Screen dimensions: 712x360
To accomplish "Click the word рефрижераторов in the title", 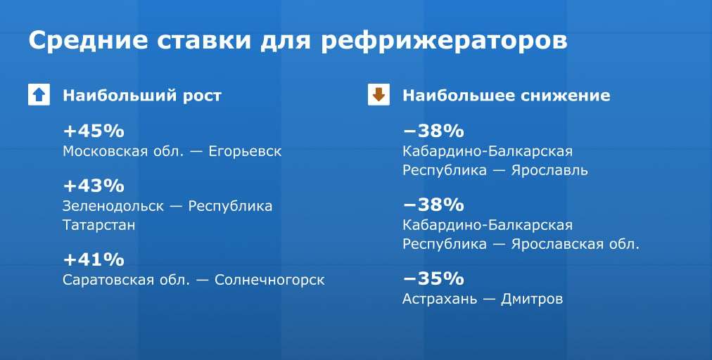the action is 444,41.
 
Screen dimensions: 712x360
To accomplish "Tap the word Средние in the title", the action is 88,40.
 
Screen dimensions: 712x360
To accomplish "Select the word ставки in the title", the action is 204,41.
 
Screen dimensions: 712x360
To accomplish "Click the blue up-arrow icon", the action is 39,95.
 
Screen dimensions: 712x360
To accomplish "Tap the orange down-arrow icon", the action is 379,95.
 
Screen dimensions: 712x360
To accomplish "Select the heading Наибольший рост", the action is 142,96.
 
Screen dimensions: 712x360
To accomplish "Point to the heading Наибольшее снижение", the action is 507,96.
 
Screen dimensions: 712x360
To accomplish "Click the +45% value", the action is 94,131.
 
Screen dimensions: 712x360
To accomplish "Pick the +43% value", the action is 94,186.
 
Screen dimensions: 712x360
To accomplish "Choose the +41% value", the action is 94,259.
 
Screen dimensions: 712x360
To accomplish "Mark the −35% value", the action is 433,278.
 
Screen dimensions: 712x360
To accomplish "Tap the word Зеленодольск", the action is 113,207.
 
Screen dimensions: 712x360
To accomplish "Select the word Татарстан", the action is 99,225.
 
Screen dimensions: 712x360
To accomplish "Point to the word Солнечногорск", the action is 269,281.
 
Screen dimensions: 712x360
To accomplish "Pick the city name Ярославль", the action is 549,171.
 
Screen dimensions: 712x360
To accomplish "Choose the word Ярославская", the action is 558,245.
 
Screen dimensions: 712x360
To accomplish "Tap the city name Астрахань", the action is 440,299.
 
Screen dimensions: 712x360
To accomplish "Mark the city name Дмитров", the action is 532,300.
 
